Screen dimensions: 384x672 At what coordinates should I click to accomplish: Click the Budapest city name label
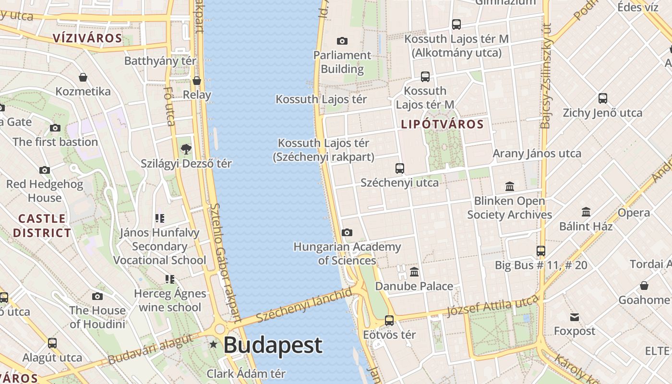click(x=273, y=346)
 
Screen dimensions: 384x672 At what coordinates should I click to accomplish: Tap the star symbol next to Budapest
click(x=214, y=345)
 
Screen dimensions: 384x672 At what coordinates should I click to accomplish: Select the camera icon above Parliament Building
click(x=342, y=41)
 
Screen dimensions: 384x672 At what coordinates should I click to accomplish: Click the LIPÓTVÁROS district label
click(x=442, y=124)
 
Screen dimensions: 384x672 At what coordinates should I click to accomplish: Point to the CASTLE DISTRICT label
click(x=42, y=226)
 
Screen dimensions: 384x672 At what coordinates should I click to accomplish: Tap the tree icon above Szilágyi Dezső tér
click(x=186, y=149)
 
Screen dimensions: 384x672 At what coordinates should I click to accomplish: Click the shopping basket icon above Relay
click(x=196, y=80)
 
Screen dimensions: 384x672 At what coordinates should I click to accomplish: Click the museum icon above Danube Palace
click(x=414, y=272)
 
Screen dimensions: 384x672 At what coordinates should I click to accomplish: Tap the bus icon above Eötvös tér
click(x=389, y=320)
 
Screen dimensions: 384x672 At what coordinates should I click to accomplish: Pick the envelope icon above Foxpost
click(x=575, y=317)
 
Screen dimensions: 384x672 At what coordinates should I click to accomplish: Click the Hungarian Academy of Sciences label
click(x=347, y=253)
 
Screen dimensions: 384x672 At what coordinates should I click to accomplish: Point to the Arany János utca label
click(x=537, y=154)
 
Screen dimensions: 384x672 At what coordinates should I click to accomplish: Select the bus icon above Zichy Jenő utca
click(x=603, y=98)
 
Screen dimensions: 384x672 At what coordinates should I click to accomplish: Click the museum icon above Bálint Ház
click(x=586, y=212)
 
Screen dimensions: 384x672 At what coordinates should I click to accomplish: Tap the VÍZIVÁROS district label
click(x=87, y=38)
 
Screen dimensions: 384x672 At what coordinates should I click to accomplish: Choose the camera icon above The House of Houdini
click(x=97, y=296)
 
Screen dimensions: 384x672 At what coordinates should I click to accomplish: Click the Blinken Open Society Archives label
click(x=509, y=207)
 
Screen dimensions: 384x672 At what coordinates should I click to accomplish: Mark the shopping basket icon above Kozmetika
click(x=83, y=77)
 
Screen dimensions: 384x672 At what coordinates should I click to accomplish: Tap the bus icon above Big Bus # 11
click(x=541, y=251)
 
